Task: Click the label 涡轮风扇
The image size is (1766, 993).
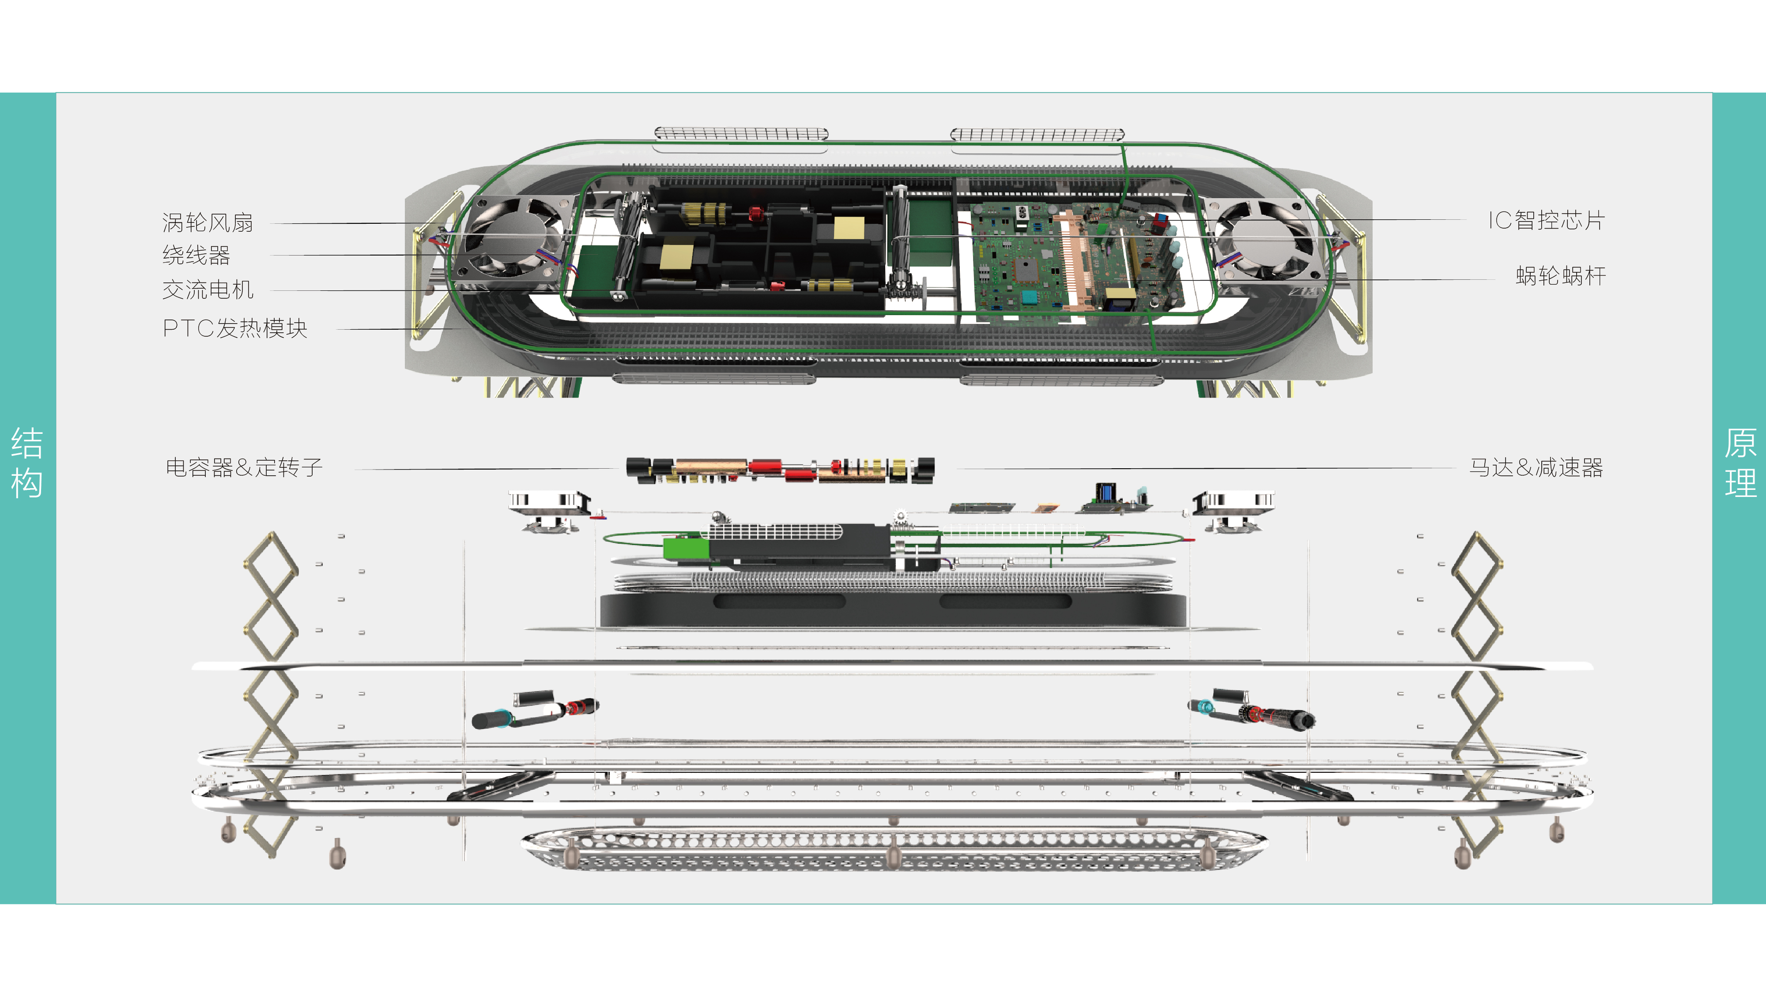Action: click(207, 223)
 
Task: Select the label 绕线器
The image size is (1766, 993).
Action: click(196, 256)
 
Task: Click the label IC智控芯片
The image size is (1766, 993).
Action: click(1546, 221)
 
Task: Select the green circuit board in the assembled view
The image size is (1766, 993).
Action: click(1076, 264)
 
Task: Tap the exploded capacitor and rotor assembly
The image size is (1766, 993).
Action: click(780, 470)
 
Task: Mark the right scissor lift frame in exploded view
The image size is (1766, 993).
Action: click(1477, 692)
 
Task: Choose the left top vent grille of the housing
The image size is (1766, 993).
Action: click(740, 134)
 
